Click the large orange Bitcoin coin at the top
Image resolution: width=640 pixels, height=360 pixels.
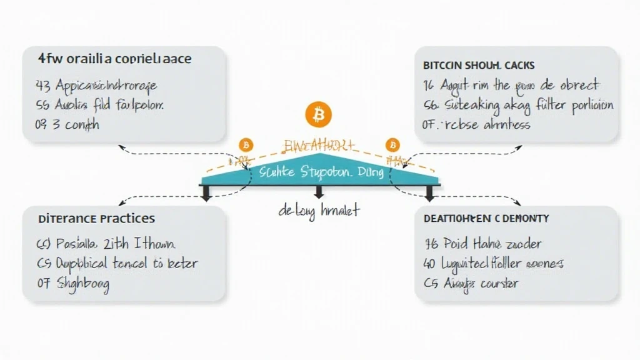click(319, 115)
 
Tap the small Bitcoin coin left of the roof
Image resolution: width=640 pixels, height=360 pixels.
click(246, 145)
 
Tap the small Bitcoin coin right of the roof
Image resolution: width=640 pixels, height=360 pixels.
click(392, 145)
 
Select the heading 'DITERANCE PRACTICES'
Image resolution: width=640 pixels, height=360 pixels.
click(97, 219)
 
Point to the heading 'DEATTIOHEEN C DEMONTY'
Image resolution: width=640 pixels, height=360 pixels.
click(486, 218)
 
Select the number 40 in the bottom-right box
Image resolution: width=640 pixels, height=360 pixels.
click(430, 264)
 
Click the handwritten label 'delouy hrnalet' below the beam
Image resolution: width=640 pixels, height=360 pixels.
click(319, 211)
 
